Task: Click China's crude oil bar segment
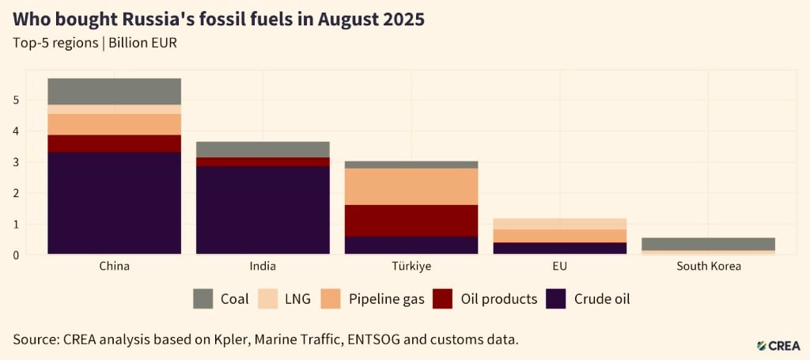tap(114, 203)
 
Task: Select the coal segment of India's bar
tap(263, 149)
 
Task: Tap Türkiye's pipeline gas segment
tap(411, 187)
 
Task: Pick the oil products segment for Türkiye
tap(411, 221)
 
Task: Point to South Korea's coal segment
tap(709, 244)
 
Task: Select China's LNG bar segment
tap(114, 109)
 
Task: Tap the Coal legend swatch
tap(203, 299)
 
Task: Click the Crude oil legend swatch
tap(558, 299)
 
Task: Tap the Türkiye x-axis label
tap(411, 267)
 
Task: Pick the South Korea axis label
tap(709, 267)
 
